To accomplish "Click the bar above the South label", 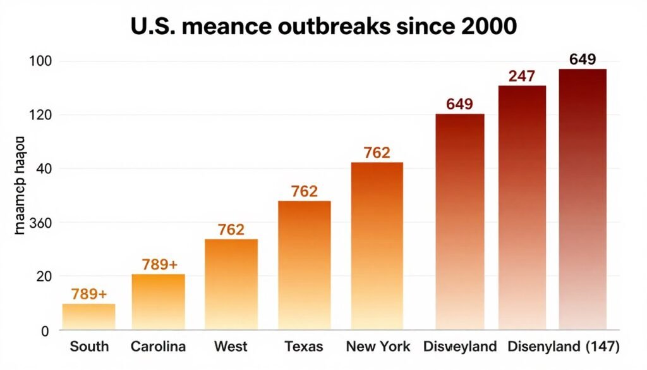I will pos(88,316).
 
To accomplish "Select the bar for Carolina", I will pos(158,302).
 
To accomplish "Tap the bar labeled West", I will pos(231,284).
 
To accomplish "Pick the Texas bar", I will pos(304,265).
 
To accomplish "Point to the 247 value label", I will pos(522,77).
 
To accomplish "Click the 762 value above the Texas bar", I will pos(304,192).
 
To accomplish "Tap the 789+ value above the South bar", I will pos(88,294).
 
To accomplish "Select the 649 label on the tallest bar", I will pos(582,59).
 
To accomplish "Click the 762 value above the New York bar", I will pos(377,152).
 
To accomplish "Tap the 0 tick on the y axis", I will pos(44,330).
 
